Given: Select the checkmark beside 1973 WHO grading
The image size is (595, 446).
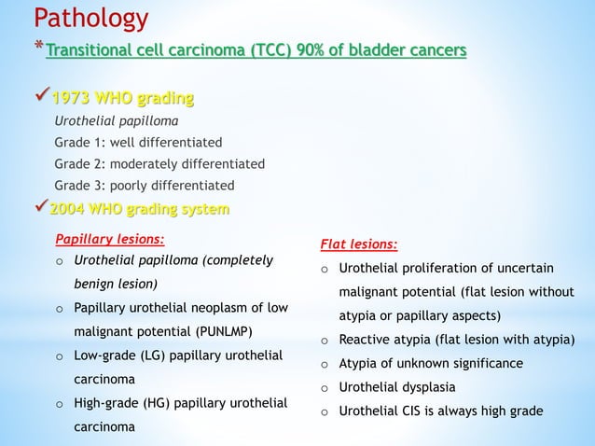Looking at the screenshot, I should coord(42,98).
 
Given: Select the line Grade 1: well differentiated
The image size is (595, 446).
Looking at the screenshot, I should coord(138,143).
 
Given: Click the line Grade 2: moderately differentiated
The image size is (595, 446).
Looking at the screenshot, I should coord(159,163).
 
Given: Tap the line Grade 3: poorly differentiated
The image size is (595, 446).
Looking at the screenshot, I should coord(145,185).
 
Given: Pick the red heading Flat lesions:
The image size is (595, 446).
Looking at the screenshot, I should coord(358,246).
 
